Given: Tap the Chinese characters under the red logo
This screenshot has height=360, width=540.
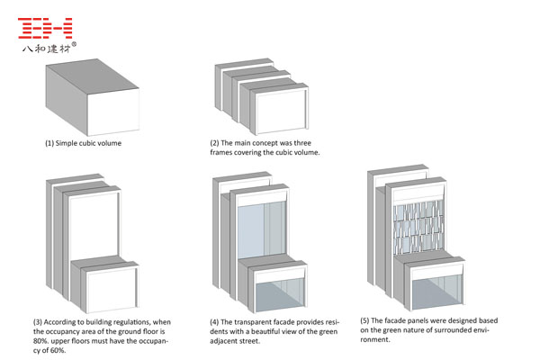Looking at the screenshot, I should pyautogui.click(x=46, y=49).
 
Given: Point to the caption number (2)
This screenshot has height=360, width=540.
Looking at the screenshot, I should pyautogui.click(x=215, y=143).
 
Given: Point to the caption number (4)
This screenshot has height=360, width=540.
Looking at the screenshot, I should pyautogui.click(x=215, y=321).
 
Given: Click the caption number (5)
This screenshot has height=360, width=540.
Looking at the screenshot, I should pyautogui.click(x=364, y=319).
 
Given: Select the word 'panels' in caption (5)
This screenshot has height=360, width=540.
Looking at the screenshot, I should pyautogui.click(x=421, y=319).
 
